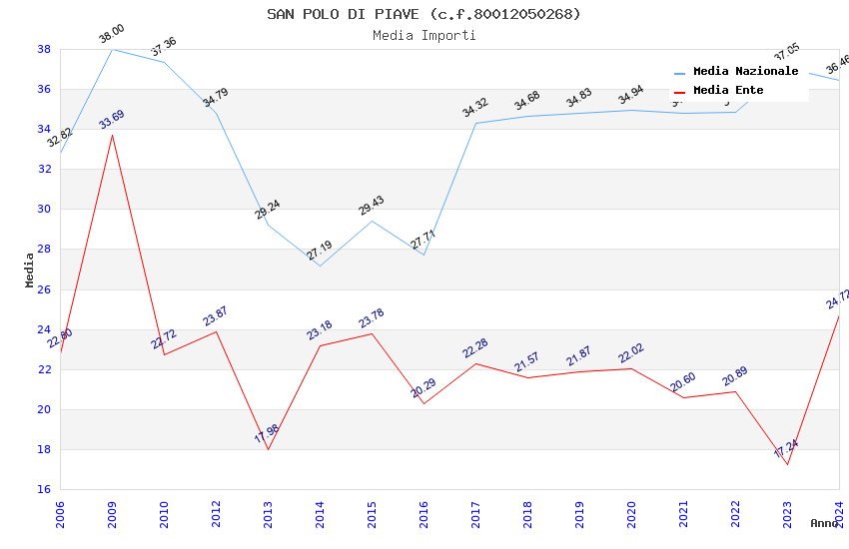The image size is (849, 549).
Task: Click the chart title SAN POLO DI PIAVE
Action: (x=424, y=14)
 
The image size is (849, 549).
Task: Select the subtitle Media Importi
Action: (x=424, y=35)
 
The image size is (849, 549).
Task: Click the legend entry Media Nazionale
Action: (x=745, y=72)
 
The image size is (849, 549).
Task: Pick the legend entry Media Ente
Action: (x=728, y=91)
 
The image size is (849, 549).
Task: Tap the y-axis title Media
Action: (x=30, y=270)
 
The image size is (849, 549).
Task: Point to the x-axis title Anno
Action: (x=824, y=523)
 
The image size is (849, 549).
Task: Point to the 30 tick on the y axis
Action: (x=44, y=210)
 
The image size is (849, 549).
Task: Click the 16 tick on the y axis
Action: (x=44, y=490)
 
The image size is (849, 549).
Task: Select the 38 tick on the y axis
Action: (x=44, y=49)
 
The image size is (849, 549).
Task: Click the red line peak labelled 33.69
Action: (x=112, y=135)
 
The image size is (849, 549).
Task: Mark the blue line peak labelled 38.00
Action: (x=112, y=49)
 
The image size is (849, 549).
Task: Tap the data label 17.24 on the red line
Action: (x=786, y=448)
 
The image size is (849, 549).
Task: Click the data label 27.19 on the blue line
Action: (x=320, y=250)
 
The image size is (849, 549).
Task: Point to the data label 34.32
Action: (x=475, y=108)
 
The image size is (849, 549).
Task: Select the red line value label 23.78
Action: (x=372, y=318)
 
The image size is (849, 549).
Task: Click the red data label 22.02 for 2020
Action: (x=631, y=353)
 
